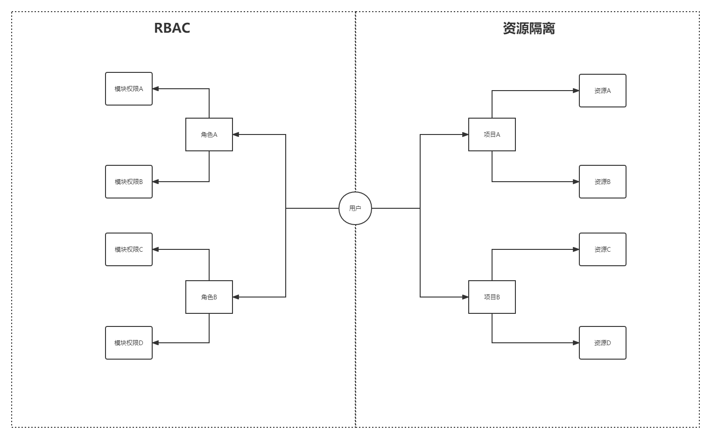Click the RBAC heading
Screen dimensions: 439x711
click(x=172, y=28)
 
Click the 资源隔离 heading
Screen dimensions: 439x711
click(x=528, y=28)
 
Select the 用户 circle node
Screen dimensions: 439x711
click(x=355, y=208)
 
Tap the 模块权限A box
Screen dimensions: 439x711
click(x=129, y=89)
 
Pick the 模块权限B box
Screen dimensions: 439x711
click(x=129, y=182)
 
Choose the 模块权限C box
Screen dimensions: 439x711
click(x=129, y=249)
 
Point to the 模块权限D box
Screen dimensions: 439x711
click(x=129, y=343)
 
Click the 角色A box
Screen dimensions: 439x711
click(x=209, y=135)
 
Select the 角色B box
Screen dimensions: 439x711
click(x=209, y=297)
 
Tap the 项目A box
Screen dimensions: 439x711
click(x=492, y=135)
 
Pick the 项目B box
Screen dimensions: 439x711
click(x=492, y=297)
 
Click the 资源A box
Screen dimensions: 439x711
click(x=603, y=91)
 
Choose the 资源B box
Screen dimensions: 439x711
click(x=603, y=182)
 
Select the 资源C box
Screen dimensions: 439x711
click(x=603, y=249)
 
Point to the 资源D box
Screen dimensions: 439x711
click(x=603, y=343)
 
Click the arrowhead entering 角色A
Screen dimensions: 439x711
click(x=236, y=135)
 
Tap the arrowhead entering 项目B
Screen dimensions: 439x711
click(x=465, y=297)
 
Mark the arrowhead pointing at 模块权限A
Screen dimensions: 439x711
click(x=155, y=89)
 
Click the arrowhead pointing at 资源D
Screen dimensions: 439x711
click(x=576, y=343)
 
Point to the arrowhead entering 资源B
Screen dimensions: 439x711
click(x=576, y=182)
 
